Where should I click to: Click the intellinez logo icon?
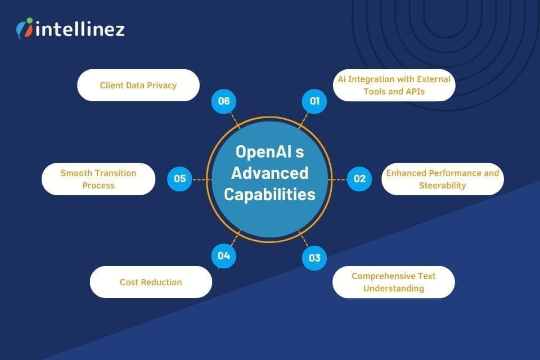pyautogui.click(x=25, y=28)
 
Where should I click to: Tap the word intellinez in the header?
pyautogui.click(x=79, y=28)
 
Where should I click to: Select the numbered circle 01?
pyautogui.click(x=314, y=101)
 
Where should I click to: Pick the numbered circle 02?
pyautogui.click(x=359, y=179)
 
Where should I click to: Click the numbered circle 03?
pyautogui.click(x=314, y=258)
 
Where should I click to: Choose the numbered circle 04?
pyautogui.click(x=224, y=256)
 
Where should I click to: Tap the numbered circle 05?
pyautogui.click(x=180, y=179)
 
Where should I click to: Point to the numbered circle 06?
pyautogui.click(x=224, y=101)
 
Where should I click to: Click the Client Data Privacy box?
pyautogui.click(x=138, y=85)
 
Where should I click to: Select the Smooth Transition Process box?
pyautogui.click(x=98, y=179)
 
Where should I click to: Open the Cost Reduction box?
pyautogui.click(x=151, y=282)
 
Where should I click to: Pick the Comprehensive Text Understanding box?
pyautogui.click(x=393, y=282)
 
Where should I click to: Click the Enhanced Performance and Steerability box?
pyautogui.click(x=442, y=179)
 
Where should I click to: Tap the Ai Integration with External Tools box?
pyautogui.click(x=393, y=85)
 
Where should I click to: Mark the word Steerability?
pyautogui.click(x=442, y=185)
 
